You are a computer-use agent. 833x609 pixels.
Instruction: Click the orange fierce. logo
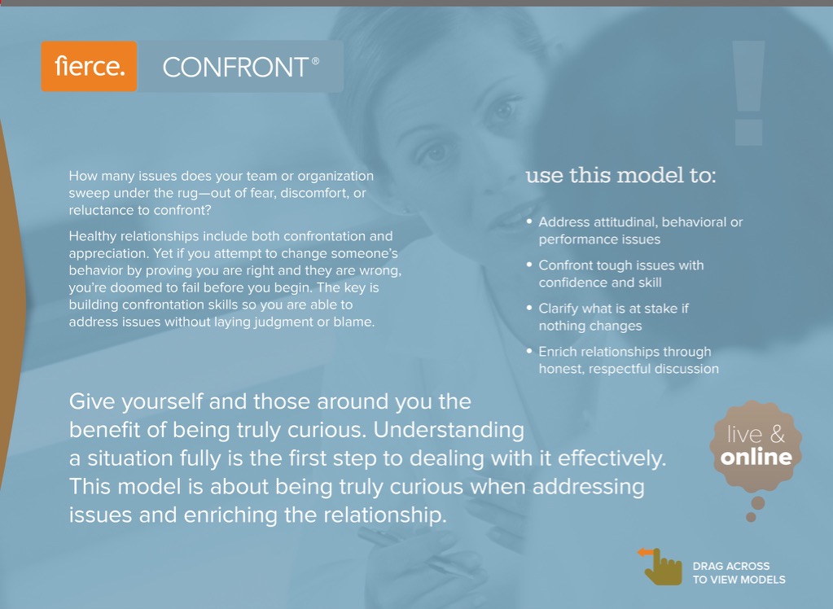tap(89, 67)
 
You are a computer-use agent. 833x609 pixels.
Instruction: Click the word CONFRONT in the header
tap(235, 68)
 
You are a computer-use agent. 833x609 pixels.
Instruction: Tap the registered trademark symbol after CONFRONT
tap(315, 60)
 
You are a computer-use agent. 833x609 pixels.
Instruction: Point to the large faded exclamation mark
tap(748, 93)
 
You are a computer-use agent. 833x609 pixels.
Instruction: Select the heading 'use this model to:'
tap(621, 175)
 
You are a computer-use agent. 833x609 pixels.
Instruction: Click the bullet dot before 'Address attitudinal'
tap(529, 221)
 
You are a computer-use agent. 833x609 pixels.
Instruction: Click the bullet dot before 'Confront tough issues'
tap(529, 264)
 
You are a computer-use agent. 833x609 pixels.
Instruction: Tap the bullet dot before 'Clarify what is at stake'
tap(529, 307)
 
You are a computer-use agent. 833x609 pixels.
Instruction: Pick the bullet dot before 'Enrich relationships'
tap(529, 351)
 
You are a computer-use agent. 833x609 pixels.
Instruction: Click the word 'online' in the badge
tap(756, 457)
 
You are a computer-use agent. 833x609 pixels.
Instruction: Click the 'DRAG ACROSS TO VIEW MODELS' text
tap(739, 573)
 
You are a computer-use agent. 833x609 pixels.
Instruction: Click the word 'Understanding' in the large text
tap(449, 430)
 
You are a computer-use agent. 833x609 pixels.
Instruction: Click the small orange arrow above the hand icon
tap(646, 552)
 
